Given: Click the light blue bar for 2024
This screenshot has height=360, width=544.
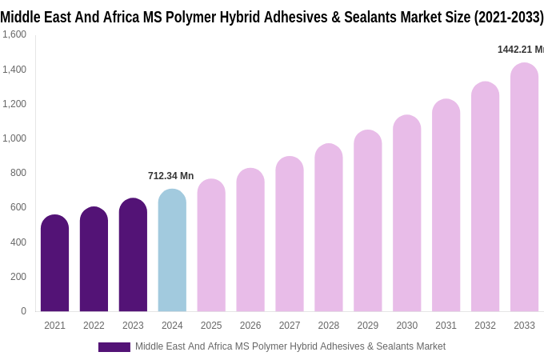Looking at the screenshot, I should point(172,252).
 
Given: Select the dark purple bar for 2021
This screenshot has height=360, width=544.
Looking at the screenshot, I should point(54,264).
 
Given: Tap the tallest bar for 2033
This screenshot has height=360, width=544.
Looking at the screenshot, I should point(524,188).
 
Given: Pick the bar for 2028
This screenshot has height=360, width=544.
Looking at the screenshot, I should point(329,228).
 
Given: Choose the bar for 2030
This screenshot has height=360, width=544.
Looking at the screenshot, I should point(406,214).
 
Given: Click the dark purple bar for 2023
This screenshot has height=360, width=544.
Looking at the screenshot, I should point(133,256).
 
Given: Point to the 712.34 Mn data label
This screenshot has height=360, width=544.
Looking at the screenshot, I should point(170,176).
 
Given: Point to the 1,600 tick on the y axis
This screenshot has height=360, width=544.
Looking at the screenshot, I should point(14,34).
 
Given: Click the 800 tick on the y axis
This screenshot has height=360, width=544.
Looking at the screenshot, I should point(18,173).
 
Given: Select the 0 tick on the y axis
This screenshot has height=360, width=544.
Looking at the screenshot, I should point(23,311).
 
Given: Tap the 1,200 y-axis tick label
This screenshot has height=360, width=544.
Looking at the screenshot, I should point(14,104).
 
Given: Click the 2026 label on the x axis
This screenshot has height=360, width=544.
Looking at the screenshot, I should point(250,326).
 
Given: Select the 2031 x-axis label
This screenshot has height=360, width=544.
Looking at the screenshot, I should point(446,326).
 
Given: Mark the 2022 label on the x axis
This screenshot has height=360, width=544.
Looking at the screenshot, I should point(94,326).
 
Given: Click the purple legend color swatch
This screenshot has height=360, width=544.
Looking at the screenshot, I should point(114,347).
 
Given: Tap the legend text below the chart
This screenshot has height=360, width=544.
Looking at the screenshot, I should point(290,346).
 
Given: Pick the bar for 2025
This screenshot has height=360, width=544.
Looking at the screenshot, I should point(211,246).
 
